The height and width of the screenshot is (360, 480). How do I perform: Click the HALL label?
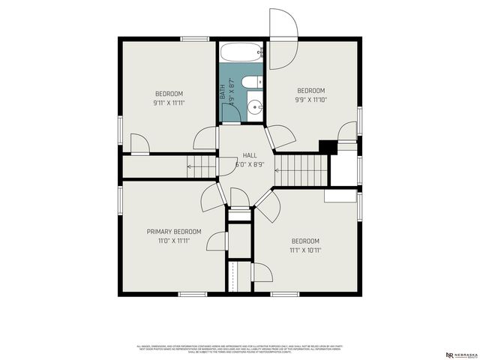click(x=239, y=154)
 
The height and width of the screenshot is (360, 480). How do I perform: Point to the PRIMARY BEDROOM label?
click(x=173, y=232)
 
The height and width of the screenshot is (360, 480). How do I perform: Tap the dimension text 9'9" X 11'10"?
click(x=310, y=98)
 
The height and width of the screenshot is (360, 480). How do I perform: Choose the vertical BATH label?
click(x=223, y=92)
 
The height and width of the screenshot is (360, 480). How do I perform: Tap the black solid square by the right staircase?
click(x=326, y=146)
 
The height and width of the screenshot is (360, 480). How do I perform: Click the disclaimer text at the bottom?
click(x=240, y=349)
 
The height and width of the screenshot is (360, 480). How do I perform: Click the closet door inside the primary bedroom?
click(x=217, y=241)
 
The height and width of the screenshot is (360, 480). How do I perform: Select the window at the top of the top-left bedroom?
click(x=194, y=39)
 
